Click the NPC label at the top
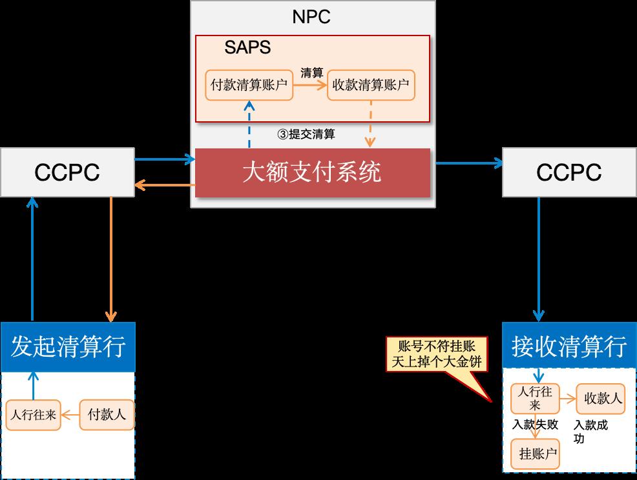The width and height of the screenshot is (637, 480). coord(312,16)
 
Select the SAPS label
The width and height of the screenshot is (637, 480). coord(247,47)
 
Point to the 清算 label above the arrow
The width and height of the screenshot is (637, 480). coord(311,72)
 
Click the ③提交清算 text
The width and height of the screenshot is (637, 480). coord(306,134)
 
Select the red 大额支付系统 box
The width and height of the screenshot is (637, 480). coord(312,173)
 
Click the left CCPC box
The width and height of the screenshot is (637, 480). coord(67,173)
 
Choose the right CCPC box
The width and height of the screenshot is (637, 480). coord(569,173)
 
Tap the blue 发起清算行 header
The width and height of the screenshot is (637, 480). coord(68,346)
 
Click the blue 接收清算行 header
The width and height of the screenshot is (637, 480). coord(569,346)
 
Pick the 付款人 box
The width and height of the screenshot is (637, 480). coord(107,415)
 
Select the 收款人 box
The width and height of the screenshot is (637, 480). coord(600,399)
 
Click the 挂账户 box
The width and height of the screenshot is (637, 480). coord(535,454)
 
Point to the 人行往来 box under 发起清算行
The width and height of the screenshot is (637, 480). coord(32,415)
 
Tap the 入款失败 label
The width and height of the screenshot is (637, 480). coord(535,425)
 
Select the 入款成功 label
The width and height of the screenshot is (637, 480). coord(589,432)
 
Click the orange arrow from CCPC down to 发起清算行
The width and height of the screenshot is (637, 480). coord(112,258)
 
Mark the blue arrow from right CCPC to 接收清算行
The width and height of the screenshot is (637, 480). coord(538,258)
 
